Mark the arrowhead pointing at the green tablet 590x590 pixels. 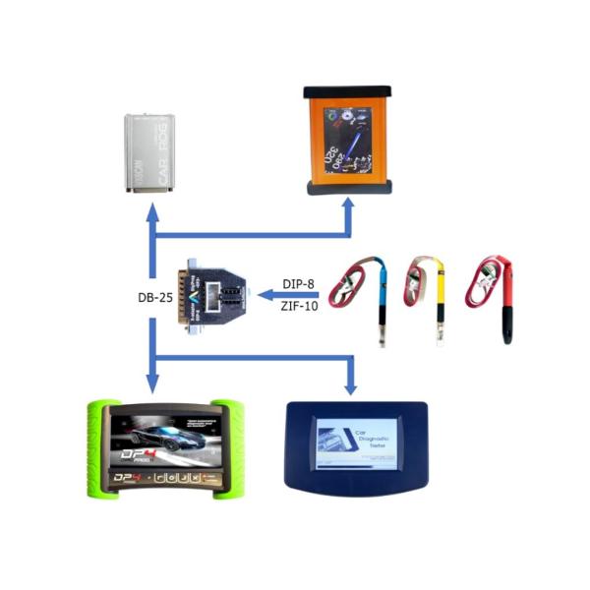click(x=151, y=382)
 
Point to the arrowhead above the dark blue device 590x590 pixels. click(x=350, y=386)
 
